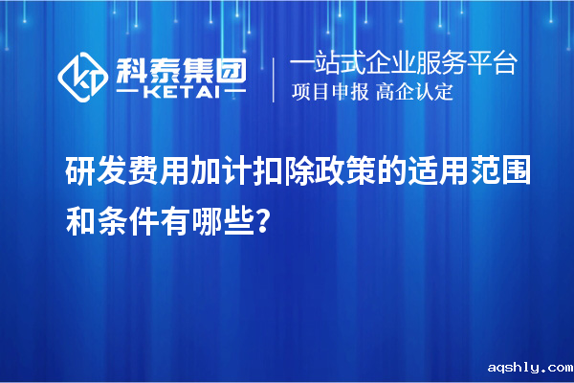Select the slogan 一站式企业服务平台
[404, 65]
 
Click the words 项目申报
[327, 93]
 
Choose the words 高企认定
[414, 93]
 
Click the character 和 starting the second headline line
[79, 197]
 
